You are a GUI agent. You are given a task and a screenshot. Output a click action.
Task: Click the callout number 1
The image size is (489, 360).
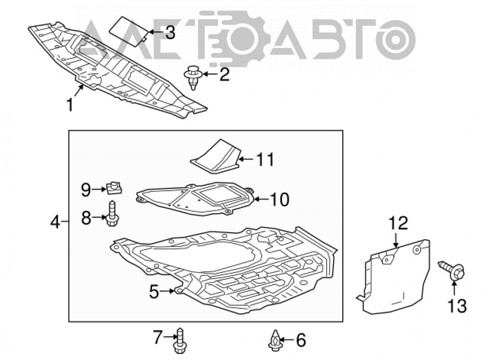click(70, 105)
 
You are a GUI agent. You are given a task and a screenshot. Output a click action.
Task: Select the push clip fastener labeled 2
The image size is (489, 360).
click(193, 78)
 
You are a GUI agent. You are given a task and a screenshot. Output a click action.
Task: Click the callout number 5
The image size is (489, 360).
click(154, 292)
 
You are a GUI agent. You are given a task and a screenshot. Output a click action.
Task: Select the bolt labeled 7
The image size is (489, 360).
click(179, 340)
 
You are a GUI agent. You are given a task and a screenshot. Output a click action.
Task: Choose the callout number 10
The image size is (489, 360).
click(280, 200)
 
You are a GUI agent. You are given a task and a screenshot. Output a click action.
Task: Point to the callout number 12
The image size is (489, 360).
click(398, 224)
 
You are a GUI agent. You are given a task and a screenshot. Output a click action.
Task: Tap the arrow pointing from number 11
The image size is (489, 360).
click(246, 159)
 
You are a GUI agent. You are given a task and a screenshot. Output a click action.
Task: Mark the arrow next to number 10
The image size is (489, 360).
click(261, 199)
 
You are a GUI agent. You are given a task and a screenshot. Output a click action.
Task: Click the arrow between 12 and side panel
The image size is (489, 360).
click(396, 240)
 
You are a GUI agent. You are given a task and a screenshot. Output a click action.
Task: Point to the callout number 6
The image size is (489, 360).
click(301, 340)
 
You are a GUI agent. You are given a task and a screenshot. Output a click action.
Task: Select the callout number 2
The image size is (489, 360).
click(224, 74)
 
